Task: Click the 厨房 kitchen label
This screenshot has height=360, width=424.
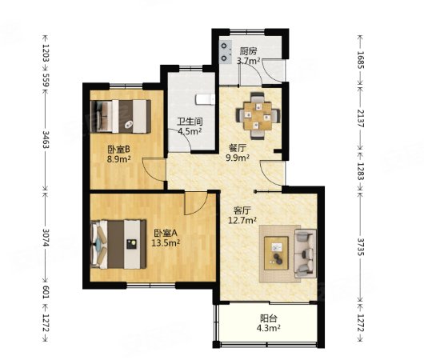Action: pos(248,51)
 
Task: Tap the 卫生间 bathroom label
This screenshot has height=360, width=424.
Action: pos(190,122)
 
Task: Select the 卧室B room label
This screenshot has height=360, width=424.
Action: pos(119,149)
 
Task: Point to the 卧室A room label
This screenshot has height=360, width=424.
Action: pos(166,233)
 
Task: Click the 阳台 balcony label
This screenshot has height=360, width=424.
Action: pos(268,318)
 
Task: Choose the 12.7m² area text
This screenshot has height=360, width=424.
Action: pos(242,221)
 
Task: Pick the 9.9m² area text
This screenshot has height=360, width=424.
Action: pos(238,158)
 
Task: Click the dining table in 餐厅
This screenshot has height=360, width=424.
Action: pos(258,116)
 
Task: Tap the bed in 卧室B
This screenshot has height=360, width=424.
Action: pos(121,116)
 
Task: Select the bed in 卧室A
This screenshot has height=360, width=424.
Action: pos(118,244)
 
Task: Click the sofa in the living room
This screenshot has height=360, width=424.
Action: pos(306,254)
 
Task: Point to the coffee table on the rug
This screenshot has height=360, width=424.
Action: pos(276,253)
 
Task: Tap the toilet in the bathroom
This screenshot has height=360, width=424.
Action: pos(205,99)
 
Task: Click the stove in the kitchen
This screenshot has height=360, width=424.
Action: pos(226,52)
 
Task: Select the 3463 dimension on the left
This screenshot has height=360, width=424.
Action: pos(46,139)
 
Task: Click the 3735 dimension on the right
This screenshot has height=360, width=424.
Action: pos(361,246)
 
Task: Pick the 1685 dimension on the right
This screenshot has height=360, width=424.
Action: pos(361,60)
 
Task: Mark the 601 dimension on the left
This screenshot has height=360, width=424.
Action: pos(46,292)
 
